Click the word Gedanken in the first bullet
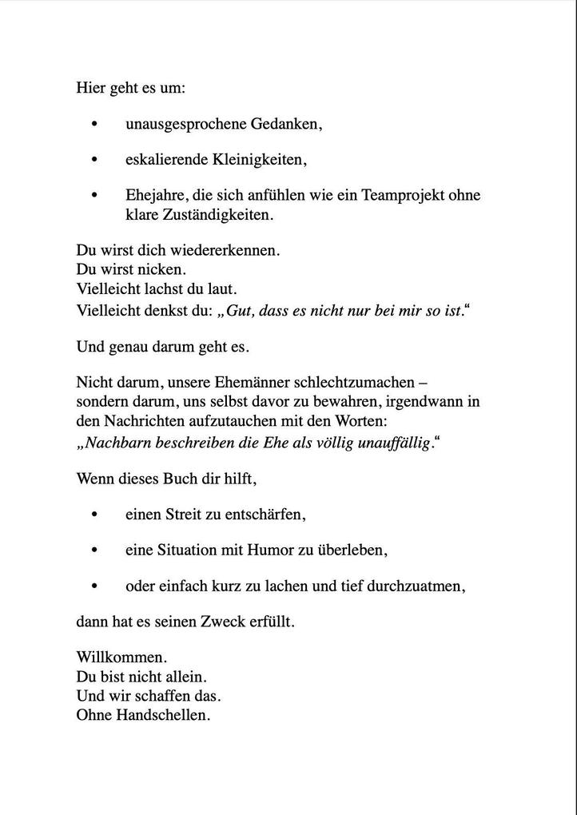click(286, 125)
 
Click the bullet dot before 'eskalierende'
click(95, 160)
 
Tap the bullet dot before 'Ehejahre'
click(95, 195)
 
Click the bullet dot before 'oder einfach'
click(95, 586)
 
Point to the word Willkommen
click(121, 658)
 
